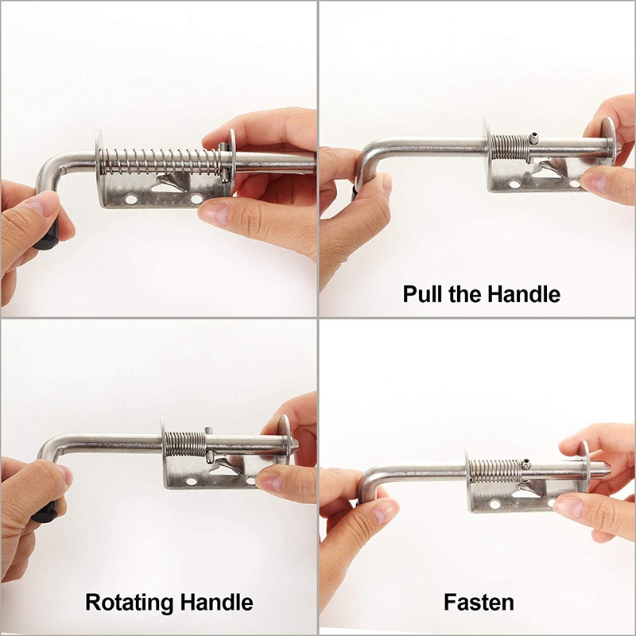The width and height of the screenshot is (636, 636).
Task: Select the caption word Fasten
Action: point(479,602)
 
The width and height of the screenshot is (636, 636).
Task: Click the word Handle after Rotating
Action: point(223,601)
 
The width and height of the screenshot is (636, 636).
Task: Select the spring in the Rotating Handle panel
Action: point(185,443)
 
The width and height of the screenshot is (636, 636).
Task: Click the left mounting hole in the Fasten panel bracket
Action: point(494,503)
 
